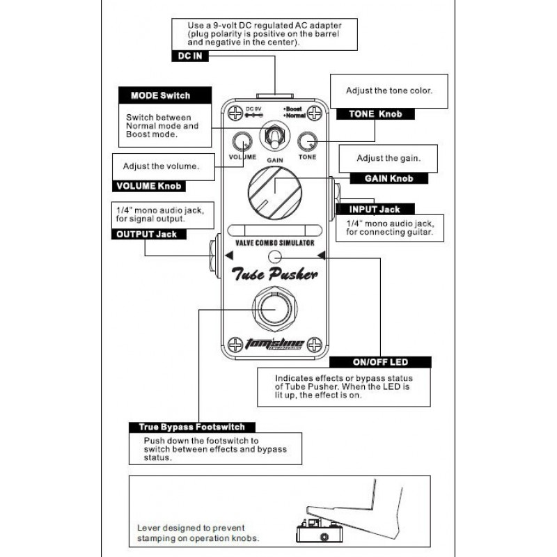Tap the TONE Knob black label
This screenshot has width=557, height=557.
point(373,113)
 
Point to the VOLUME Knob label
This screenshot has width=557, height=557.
point(149,186)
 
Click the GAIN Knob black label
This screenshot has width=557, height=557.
point(389,178)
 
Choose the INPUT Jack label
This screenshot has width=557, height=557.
point(375,209)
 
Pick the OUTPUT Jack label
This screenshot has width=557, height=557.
point(146,234)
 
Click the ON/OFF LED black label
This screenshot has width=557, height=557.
point(380,362)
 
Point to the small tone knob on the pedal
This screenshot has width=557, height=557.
point(307,141)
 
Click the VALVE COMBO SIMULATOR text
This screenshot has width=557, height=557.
point(274,243)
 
